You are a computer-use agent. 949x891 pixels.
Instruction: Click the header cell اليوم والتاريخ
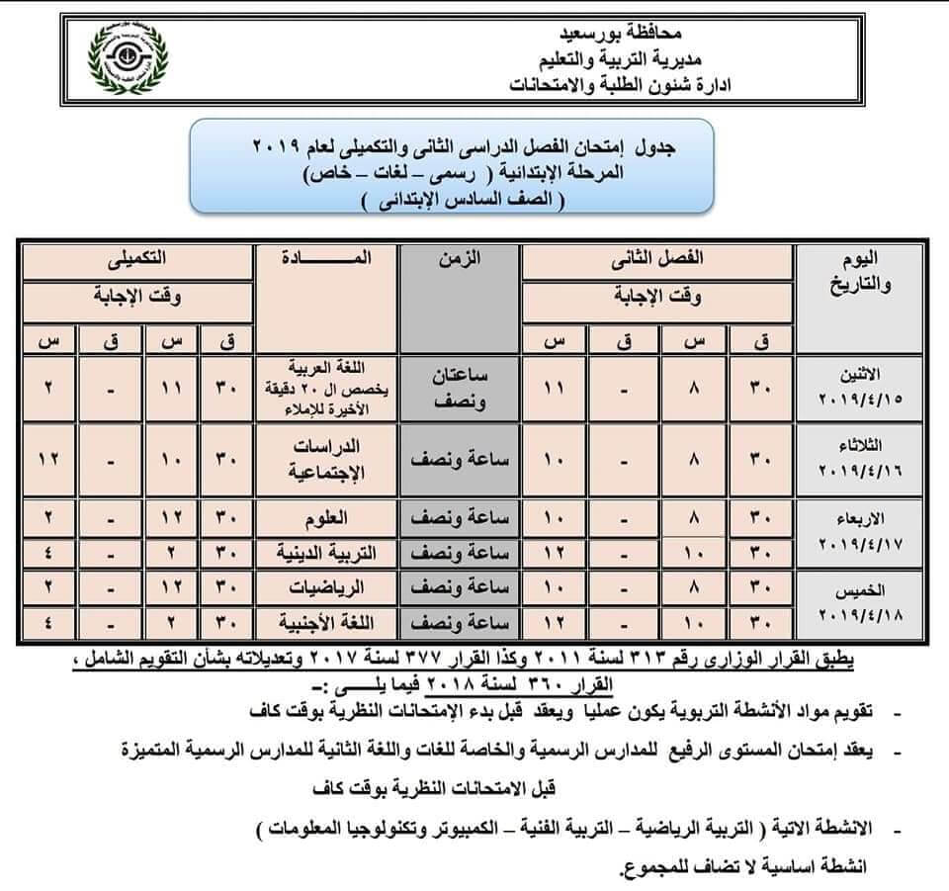(862, 272)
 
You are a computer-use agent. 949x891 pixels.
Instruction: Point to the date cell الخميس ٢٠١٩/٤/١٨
(862, 602)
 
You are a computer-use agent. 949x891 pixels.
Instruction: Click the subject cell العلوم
(325, 516)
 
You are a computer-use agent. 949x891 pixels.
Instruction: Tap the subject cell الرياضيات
(325, 586)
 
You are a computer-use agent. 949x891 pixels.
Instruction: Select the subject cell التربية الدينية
(325, 551)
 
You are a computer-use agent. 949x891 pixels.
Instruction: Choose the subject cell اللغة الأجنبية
(325, 622)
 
